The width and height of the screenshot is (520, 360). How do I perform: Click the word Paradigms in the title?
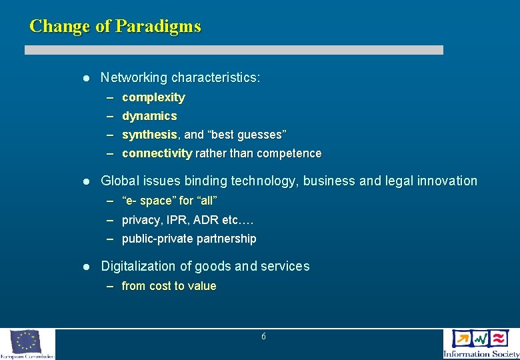click(158, 27)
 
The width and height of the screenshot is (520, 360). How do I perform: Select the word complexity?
click(153, 97)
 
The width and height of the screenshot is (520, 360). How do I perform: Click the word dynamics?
click(149, 116)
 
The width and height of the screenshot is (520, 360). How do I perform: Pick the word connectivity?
click(157, 153)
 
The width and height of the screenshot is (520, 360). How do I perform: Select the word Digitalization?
click(138, 266)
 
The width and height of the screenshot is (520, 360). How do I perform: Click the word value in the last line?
click(203, 286)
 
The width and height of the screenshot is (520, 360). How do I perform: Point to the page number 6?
click(263, 337)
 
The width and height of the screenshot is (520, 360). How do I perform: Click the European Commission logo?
click(27, 343)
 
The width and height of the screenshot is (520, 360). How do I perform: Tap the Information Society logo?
click(481, 343)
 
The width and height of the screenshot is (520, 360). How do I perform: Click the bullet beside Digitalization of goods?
click(85, 267)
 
